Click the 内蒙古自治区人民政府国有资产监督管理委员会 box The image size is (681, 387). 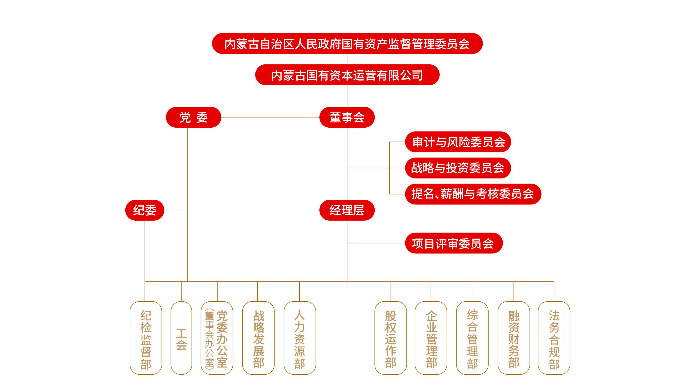click(347, 44)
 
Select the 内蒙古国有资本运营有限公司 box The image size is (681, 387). click(347, 75)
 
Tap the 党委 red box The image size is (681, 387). click(193, 117)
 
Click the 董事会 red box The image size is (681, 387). click(347, 117)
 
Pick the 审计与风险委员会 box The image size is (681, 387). click(458, 142)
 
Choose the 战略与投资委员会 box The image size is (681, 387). click(458, 168)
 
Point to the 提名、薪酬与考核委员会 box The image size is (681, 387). click(473, 194)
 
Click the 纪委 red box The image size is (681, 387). click(145, 210)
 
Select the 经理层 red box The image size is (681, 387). click(347, 210)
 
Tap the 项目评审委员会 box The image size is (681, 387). click(454, 243)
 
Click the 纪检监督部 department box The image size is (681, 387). click(146, 338)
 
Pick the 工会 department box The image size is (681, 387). click(181, 338)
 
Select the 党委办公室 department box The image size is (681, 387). click(217, 338)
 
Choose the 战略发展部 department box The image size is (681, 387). click(258, 338)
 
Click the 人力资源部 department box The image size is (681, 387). click(300, 338)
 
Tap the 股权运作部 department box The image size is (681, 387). click(390, 338)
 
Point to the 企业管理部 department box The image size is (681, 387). click(431, 338)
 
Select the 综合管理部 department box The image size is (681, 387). click(472, 338)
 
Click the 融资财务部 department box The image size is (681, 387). click(514, 338)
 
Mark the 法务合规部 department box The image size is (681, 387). click(554, 338)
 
